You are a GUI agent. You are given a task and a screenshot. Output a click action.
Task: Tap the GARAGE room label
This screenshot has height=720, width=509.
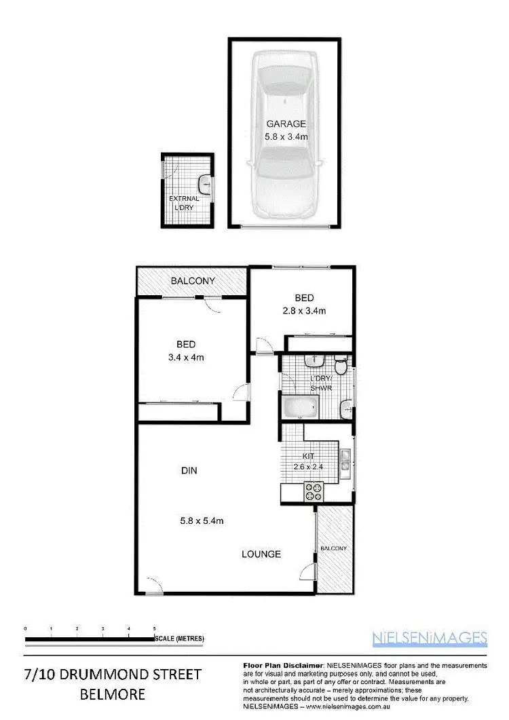(286, 124)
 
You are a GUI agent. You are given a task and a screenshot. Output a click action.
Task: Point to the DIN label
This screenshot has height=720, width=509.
(189, 470)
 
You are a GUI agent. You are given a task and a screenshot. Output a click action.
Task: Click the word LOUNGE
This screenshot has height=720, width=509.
(261, 554)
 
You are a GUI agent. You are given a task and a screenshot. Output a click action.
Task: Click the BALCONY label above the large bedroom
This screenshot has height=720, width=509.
(193, 281)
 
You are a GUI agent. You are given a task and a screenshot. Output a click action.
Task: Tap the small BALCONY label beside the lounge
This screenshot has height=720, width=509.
(334, 548)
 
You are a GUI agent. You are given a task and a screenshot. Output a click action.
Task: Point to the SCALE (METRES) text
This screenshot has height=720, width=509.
(179, 639)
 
